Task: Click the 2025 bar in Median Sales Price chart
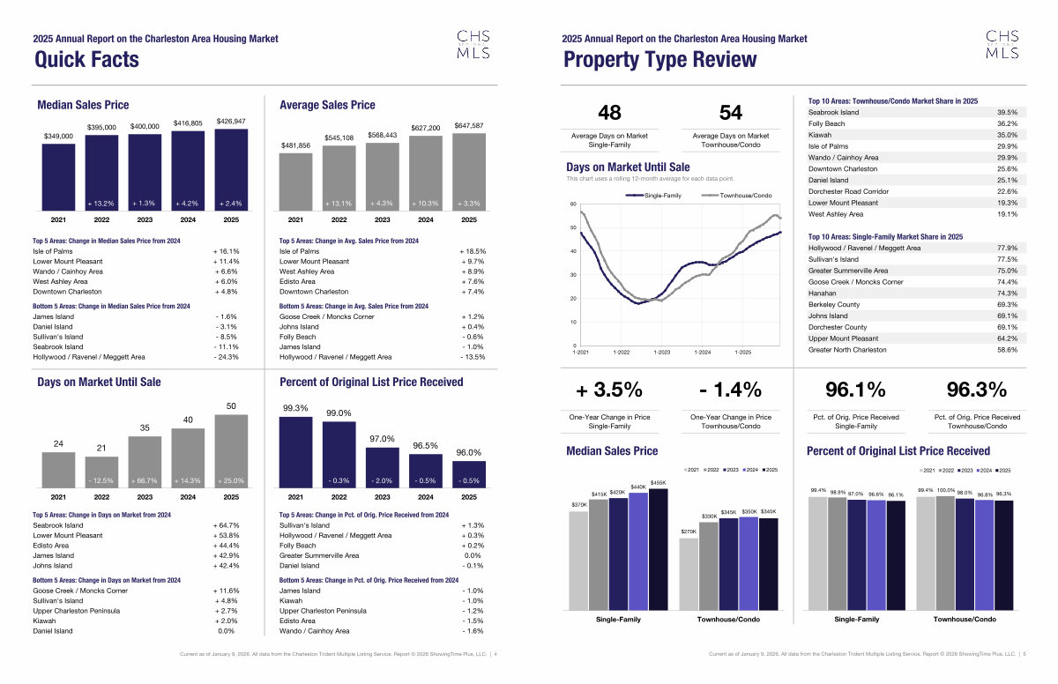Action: (x=231, y=169)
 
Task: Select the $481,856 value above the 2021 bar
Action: (x=296, y=145)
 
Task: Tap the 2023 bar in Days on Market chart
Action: (x=145, y=461)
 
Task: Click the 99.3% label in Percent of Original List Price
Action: (x=294, y=408)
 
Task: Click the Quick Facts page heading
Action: (x=86, y=59)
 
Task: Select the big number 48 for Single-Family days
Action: (x=609, y=112)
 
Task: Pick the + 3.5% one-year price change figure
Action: (x=609, y=390)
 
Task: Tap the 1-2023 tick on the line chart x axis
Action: (x=661, y=353)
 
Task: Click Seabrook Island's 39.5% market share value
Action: (x=1007, y=113)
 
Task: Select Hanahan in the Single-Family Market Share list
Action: (x=823, y=293)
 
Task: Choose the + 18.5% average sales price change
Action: (x=473, y=251)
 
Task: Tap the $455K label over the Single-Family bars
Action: (x=658, y=483)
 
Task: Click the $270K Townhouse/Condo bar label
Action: (x=689, y=532)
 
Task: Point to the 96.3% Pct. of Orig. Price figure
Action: (x=976, y=390)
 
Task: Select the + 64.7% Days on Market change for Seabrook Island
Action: (x=226, y=525)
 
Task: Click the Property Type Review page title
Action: (x=659, y=59)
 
